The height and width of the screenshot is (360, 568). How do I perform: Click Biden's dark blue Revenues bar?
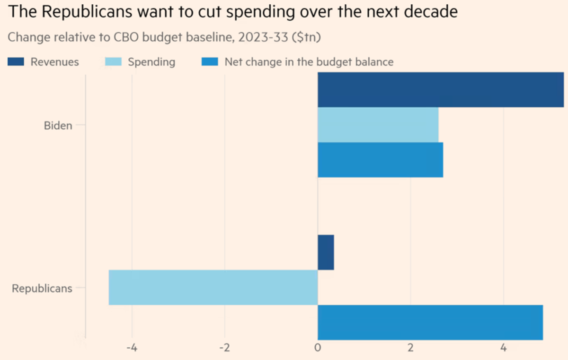click(440, 90)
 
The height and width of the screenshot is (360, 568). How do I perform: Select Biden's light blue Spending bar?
click(378, 125)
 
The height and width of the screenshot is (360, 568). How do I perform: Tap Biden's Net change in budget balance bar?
click(380, 160)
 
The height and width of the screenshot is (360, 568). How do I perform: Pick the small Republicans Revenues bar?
click(326, 252)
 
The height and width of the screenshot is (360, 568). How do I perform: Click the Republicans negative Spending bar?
click(213, 287)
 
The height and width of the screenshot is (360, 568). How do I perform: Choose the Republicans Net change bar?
click(430, 322)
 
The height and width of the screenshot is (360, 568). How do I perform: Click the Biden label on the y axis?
click(58, 125)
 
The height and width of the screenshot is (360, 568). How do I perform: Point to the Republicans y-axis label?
click(42, 288)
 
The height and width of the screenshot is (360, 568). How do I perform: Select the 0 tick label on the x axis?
click(318, 349)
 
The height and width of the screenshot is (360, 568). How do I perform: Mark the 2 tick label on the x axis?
click(410, 349)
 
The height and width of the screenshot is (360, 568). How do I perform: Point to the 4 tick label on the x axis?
click(503, 349)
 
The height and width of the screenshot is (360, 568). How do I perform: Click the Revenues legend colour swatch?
click(16, 62)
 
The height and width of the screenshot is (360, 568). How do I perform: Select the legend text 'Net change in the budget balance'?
click(309, 62)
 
